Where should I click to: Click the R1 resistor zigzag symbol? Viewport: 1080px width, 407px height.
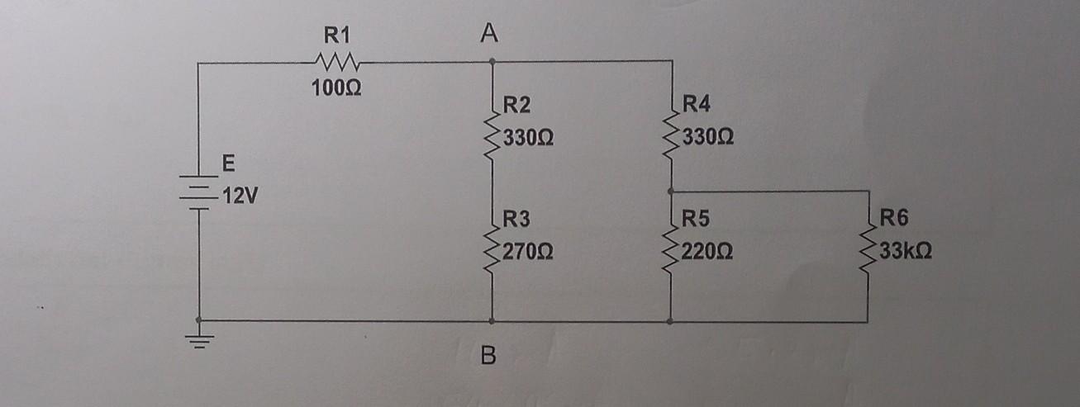(x=336, y=61)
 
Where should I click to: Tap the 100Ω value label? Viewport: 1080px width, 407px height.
(x=335, y=87)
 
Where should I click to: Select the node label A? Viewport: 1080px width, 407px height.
(x=489, y=34)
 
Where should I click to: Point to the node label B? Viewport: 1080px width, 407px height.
(x=489, y=357)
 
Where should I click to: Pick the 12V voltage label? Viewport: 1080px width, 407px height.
(x=236, y=198)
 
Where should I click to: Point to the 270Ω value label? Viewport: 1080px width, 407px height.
(x=529, y=251)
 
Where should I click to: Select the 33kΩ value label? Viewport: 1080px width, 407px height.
(x=906, y=251)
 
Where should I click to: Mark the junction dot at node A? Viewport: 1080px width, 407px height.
(x=492, y=61)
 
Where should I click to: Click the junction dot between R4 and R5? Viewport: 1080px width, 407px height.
(x=671, y=191)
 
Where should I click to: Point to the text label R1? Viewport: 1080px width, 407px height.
(x=336, y=35)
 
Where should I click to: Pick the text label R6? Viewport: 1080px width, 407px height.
(x=893, y=220)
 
